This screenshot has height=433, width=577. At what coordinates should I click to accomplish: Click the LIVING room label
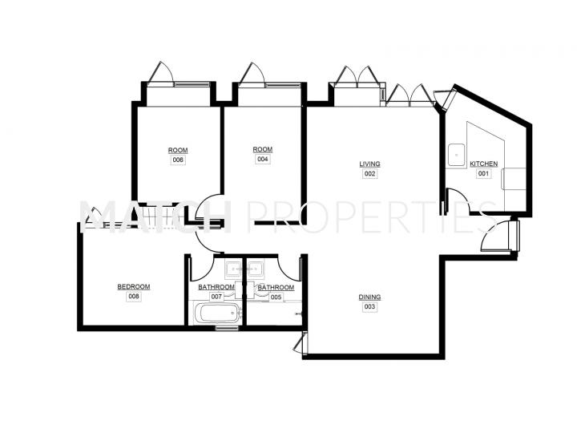(369, 164)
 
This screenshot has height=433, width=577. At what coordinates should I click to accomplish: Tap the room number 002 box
(369, 173)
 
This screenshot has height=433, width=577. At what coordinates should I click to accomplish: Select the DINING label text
(369, 297)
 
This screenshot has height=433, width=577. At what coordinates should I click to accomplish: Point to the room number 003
(369, 306)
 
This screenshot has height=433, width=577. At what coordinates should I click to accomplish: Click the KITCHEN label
(483, 164)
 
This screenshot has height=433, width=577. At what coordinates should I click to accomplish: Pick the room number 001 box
(483, 173)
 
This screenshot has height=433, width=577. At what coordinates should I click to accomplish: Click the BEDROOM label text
(134, 287)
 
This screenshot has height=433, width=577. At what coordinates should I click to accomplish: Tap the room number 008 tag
(134, 297)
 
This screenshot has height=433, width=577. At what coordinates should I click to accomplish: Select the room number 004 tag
(262, 159)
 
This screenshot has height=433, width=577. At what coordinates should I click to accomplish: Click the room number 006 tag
(178, 160)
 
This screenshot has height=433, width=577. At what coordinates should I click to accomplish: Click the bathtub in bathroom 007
(217, 314)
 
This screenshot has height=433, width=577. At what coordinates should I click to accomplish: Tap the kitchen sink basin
(456, 155)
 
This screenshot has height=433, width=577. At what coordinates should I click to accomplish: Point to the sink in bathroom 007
(233, 269)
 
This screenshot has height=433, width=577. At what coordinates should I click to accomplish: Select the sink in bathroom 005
(255, 269)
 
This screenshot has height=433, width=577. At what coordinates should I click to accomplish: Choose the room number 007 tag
(216, 297)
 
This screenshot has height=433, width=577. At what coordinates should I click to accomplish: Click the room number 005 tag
(276, 297)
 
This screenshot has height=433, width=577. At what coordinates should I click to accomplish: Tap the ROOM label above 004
(262, 149)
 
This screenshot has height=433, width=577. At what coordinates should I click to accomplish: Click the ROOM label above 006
(178, 150)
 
